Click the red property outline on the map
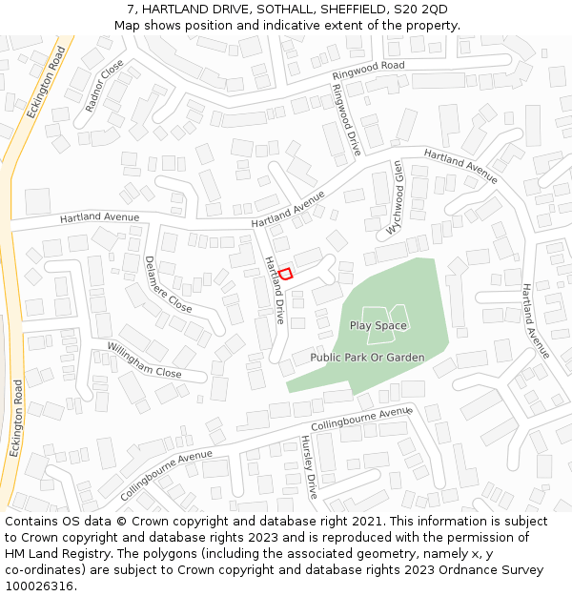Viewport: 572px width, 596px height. click(285, 274)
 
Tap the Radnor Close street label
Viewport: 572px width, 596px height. click(105, 86)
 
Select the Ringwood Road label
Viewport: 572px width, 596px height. click(368, 71)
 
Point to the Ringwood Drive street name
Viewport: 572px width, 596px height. click(346, 120)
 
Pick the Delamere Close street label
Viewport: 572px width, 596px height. click(168, 284)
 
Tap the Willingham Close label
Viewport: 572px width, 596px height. click(144, 360)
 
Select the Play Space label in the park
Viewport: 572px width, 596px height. click(378, 325)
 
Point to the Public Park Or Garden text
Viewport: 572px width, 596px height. click(367, 358)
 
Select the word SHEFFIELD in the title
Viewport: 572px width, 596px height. click(342, 10)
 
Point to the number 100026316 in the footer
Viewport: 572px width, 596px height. click(37, 586)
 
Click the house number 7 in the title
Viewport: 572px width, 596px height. click(130, 10)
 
